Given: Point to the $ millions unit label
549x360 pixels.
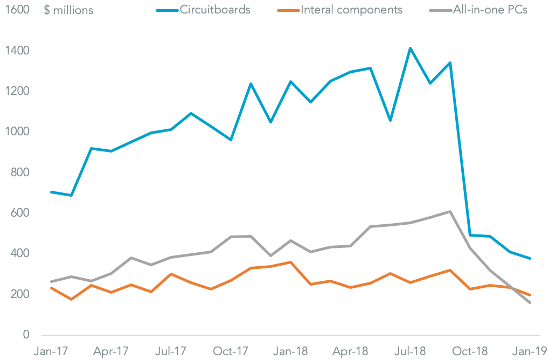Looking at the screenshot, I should point(68,10).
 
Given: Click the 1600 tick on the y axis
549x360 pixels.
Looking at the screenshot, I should point(18,10).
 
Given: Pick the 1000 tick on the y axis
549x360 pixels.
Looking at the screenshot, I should point(18,132).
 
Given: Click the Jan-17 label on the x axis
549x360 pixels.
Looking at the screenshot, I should point(51,351).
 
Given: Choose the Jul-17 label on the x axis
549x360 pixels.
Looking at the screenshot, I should point(171,351).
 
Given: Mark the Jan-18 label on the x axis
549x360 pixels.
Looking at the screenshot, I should point(290,351).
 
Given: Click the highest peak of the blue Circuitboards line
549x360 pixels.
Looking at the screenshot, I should point(411,49).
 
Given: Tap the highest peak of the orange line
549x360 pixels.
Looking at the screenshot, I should point(291,262).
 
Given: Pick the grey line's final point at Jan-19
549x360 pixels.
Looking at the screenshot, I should point(530,302).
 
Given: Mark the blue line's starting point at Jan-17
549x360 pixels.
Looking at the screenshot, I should point(51,192).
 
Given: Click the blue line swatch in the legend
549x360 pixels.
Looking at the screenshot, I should point(168,10).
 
